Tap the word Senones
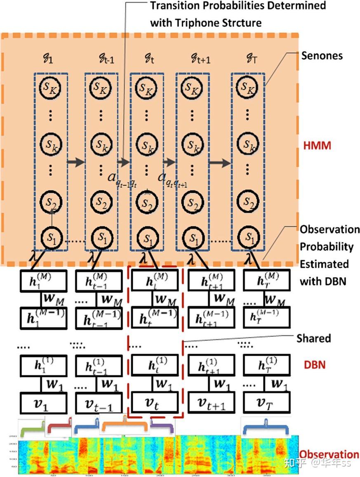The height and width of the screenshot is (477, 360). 322,56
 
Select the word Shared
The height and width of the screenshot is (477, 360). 313,339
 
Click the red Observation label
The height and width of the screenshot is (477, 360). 329,454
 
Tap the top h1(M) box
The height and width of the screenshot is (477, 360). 43,281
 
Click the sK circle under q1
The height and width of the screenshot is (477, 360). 51,87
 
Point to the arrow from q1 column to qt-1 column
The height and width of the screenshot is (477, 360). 76,162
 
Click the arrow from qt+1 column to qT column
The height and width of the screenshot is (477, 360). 219,163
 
